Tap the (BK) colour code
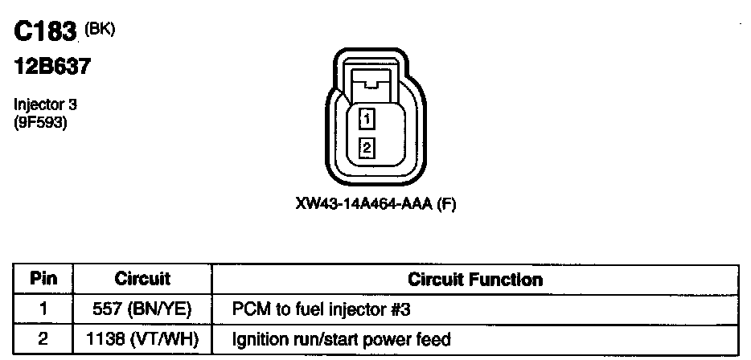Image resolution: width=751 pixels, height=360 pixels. tap(100, 30)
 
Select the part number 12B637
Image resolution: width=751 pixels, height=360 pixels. tap(51, 67)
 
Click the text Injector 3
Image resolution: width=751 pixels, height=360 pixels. tap(45, 104)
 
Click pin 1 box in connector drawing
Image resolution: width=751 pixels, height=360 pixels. tap(367, 120)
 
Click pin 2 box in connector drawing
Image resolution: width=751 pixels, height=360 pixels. tap(367, 148)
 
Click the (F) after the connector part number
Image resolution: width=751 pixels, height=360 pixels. tap(446, 204)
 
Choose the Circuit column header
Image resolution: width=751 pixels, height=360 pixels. tap(142, 280)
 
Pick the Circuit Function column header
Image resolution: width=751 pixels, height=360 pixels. tap(474, 280)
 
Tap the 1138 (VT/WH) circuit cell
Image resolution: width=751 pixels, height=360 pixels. tap(142, 339)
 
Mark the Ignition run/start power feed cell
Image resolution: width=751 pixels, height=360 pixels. tap(341, 339)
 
